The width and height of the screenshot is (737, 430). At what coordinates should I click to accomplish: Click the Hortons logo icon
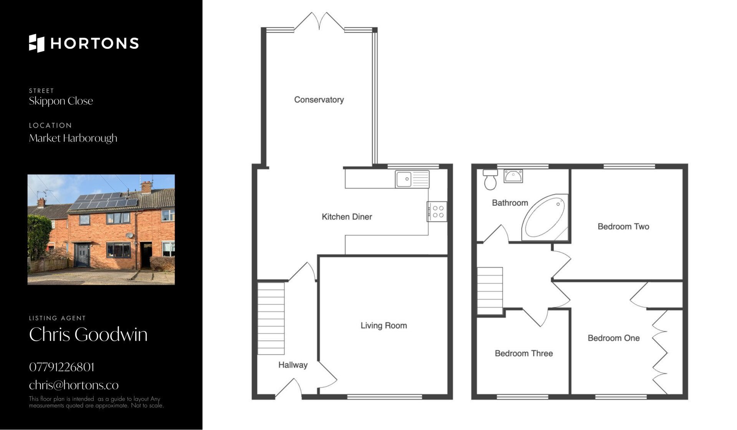click(36, 43)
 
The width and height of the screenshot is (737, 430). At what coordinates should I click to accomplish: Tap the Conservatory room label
click(319, 100)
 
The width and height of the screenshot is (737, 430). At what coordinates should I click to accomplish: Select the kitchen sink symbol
click(412, 179)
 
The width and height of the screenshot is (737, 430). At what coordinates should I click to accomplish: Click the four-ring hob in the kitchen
click(437, 212)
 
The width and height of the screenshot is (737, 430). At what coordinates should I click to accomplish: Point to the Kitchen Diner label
click(347, 217)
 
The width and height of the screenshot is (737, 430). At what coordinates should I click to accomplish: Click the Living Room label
click(384, 326)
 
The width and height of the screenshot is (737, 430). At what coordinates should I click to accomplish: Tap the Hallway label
click(293, 365)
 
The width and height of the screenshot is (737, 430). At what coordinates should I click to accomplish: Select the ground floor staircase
click(271, 318)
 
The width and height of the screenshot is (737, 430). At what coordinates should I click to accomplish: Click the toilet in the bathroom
click(491, 180)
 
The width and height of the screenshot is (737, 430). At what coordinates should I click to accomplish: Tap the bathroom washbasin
click(513, 176)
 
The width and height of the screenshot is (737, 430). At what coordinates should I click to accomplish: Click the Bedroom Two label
click(623, 227)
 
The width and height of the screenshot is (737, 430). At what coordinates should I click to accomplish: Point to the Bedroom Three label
click(524, 354)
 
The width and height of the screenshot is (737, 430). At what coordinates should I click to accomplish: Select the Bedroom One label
click(614, 338)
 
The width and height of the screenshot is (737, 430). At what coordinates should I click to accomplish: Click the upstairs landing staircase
click(490, 291)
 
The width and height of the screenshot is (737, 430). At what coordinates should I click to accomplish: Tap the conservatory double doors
click(319, 21)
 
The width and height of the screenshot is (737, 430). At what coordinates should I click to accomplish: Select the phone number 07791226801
click(62, 367)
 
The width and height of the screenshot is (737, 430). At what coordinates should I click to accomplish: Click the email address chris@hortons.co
click(74, 385)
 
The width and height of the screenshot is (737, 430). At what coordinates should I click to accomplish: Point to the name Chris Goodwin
click(88, 334)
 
